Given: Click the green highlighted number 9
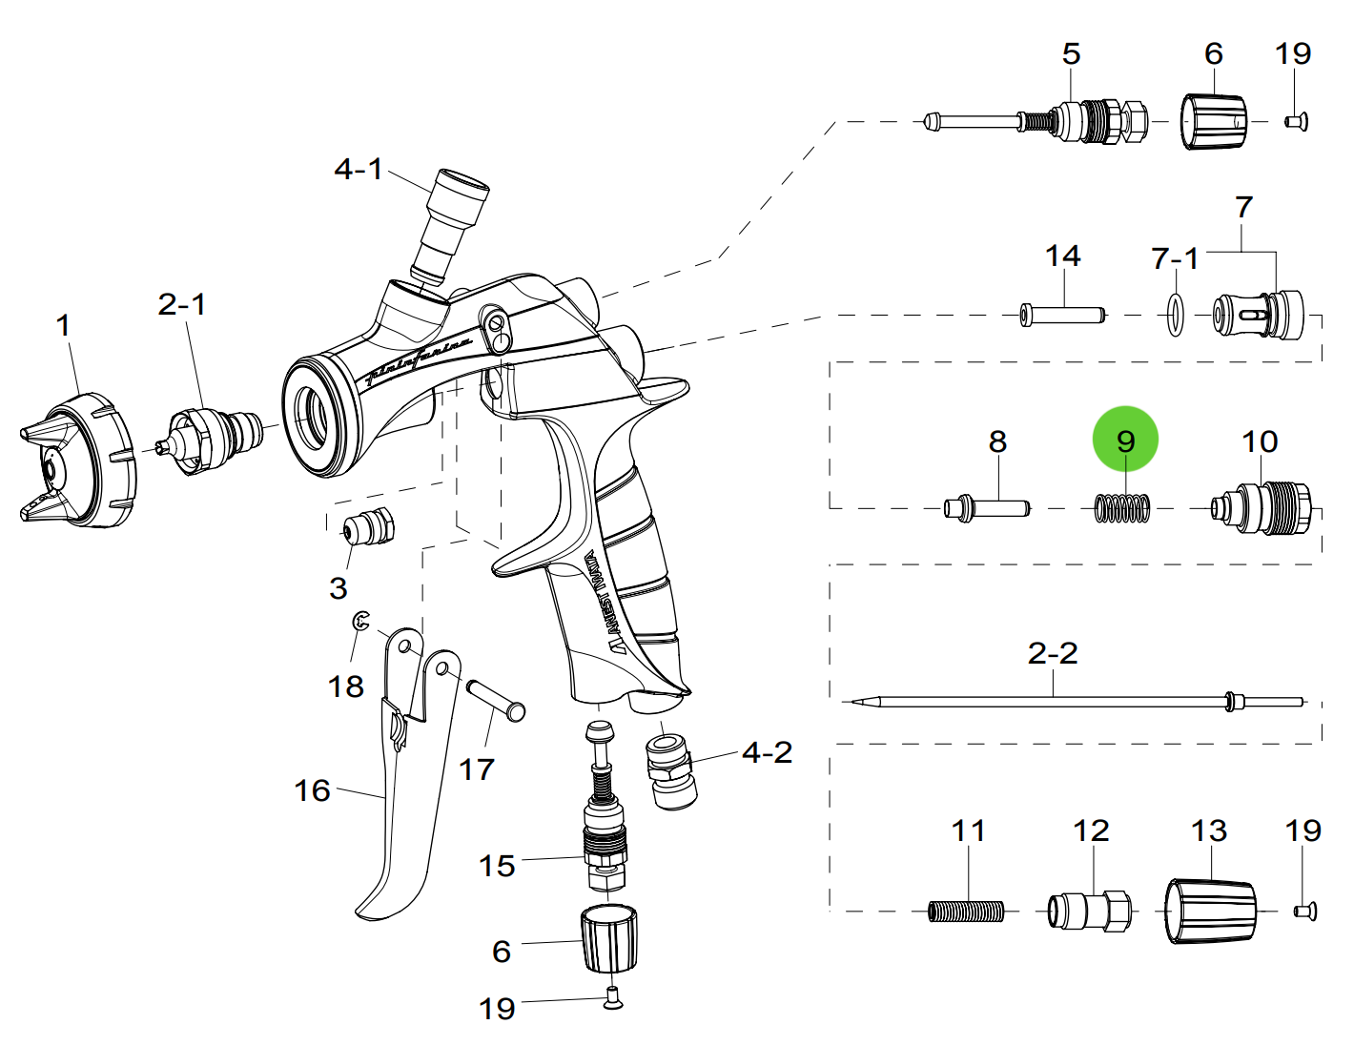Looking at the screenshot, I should coord(1125,441).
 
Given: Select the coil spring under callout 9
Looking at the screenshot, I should coord(1122,508).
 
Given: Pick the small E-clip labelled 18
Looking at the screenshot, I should coord(360,622).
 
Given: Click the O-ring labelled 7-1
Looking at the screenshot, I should coord(1176,315).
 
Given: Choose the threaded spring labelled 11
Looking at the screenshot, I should coord(966,912).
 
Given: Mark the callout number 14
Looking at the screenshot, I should coord(1062,256).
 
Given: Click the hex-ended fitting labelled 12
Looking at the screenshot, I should coord(1089,911).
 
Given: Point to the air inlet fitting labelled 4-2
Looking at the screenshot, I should coord(670,768).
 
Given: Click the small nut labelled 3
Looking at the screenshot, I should coord(367,525).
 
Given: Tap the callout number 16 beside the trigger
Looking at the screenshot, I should coord(312,790).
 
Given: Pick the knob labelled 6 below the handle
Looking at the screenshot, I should coord(608,939).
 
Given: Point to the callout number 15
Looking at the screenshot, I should coord(497,866).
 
